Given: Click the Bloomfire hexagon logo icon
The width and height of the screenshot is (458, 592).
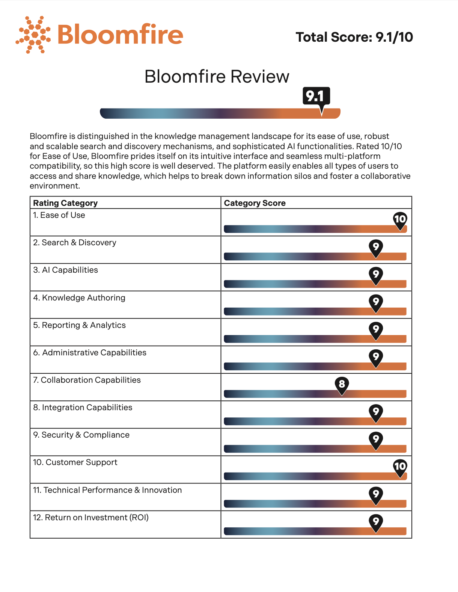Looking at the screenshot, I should (33, 35).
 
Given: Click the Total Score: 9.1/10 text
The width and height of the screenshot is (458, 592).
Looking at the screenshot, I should (354, 37).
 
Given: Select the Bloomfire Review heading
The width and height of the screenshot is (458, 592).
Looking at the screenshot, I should (217, 77).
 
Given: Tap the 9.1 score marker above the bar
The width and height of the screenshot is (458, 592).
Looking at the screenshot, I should (316, 96).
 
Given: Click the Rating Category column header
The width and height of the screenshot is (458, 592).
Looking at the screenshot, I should (65, 203).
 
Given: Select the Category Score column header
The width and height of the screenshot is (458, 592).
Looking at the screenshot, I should (255, 203).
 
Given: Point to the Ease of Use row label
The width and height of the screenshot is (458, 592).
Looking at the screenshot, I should (59, 215).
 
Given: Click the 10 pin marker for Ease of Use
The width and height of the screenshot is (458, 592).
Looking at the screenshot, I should (400, 219).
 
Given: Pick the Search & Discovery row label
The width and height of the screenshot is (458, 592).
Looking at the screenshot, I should (75, 243).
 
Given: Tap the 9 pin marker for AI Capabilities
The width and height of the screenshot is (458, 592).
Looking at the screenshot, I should (376, 274).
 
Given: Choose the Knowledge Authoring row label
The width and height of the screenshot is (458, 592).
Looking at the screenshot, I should (79, 298).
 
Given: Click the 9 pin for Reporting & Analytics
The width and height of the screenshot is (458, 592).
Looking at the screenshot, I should (376, 329).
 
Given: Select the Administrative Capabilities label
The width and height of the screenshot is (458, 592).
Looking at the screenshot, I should (90, 353).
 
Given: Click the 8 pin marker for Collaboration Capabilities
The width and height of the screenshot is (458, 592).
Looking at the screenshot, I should (342, 384).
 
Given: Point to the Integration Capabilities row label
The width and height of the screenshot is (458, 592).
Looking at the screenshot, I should (83, 408).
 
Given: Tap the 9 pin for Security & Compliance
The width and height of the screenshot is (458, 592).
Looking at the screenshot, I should (376, 439).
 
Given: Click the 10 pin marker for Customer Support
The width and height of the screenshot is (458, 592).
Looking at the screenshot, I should (400, 467).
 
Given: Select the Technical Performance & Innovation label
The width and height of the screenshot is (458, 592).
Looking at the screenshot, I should (107, 490).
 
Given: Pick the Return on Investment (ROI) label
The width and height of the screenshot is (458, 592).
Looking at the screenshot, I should (91, 518).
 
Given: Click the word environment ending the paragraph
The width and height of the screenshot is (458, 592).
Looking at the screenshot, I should (54, 186).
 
